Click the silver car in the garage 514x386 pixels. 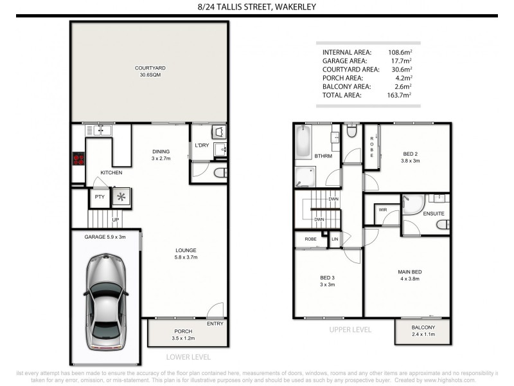(x=107, y=302)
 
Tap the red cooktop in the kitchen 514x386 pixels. (x=78, y=159)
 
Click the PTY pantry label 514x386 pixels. (x=99, y=197)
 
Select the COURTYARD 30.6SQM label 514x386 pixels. (x=150, y=71)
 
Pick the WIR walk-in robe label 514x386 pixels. (x=382, y=210)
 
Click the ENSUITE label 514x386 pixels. (x=434, y=214)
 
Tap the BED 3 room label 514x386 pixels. (x=328, y=281)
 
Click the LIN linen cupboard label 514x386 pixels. (x=335, y=240)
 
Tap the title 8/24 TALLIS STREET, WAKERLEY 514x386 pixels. (x=257, y=8)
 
